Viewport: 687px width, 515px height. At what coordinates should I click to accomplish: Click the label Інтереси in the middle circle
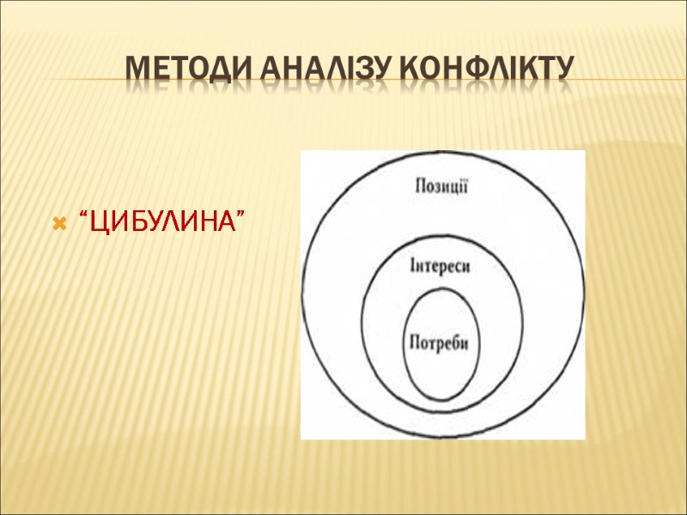tap(441, 266)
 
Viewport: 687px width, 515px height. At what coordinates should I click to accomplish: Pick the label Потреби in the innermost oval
tap(441, 342)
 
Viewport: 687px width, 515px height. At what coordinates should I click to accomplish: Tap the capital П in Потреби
tap(415, 342)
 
